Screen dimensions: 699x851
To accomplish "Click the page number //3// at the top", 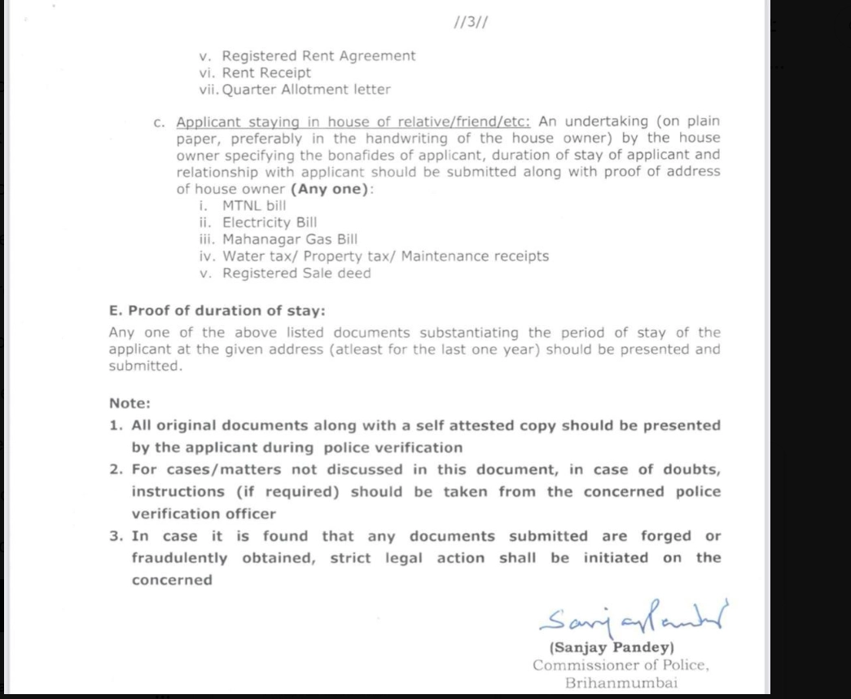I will pos(471,22).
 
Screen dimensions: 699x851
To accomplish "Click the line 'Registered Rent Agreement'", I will pos(318,56).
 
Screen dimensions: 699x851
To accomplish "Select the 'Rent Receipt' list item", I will pos(266,73).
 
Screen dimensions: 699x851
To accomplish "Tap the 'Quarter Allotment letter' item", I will pos(306,90).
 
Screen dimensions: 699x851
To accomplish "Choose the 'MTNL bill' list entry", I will pos(254,205).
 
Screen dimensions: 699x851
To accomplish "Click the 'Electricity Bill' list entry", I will pos(270,222).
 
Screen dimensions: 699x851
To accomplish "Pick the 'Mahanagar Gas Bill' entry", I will pos(290,240).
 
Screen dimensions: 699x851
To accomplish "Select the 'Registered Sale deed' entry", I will pos(296,274).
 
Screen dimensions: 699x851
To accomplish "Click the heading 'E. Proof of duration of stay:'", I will pos(217,310).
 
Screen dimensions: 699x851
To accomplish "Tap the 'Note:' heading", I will pos(130,403).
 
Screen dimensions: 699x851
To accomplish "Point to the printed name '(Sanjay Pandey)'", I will pos(612,648).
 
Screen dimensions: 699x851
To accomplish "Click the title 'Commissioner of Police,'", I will pos(621,666).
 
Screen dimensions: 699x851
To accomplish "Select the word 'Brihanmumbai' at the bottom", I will pos(621,683).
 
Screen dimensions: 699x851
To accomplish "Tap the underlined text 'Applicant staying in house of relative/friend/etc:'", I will pos(353,121).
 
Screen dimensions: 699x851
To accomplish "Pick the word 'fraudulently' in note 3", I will pos(180,558).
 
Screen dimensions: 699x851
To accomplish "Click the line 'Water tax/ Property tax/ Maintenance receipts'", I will pos(385,257).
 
